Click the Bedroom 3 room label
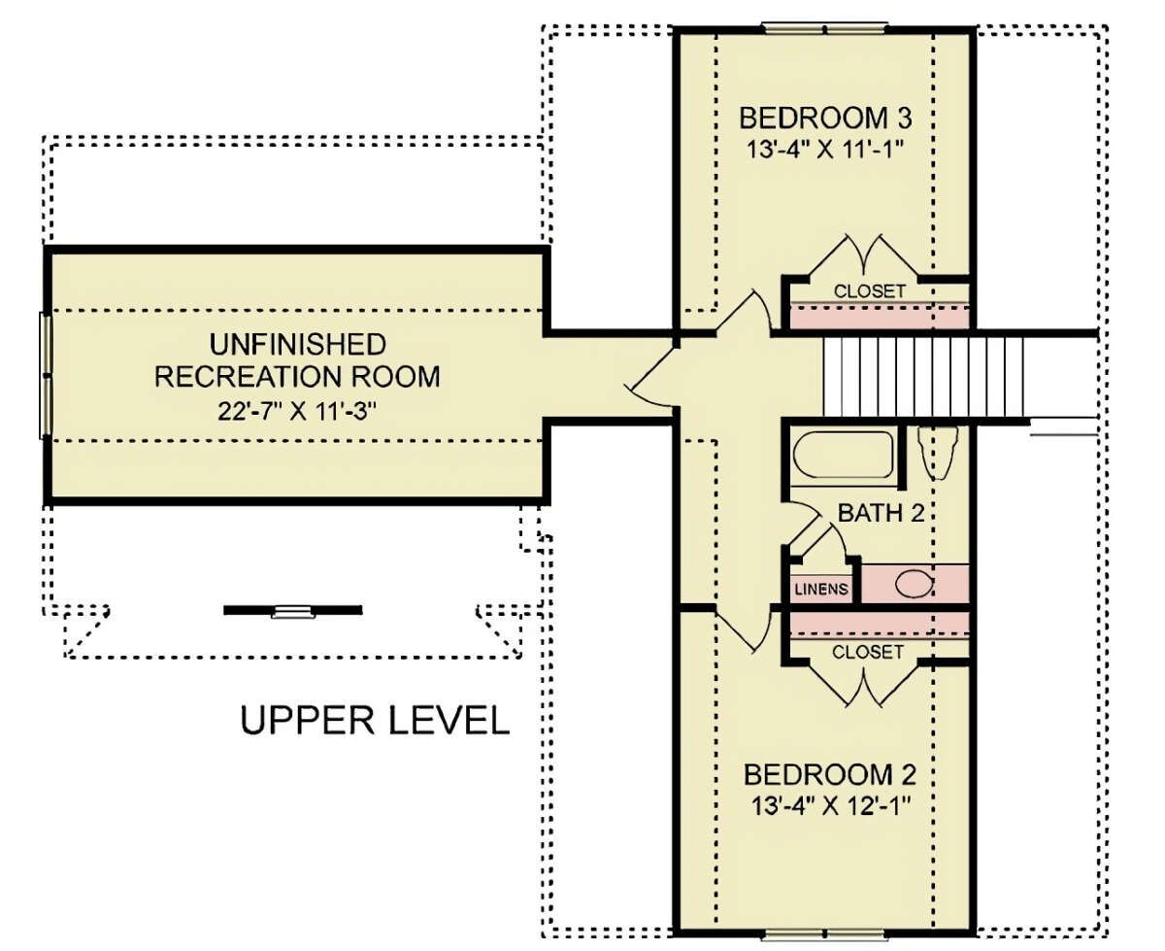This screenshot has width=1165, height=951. coord(825,118)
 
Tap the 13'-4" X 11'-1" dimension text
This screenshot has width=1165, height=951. coord(825,150)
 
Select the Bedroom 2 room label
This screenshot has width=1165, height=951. coord(830,775)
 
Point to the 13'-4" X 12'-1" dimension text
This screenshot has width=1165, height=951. coord(830,806)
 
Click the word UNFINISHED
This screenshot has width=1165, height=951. coord(298,344)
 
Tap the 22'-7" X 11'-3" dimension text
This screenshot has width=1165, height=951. coord(297,411)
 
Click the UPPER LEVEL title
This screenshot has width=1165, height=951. coord(375,720)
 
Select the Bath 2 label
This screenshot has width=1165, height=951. coord(882,513)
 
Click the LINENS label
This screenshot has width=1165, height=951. coord(821,589)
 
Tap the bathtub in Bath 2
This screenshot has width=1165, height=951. coord(843,455)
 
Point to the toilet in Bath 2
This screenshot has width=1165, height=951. coord(938,452)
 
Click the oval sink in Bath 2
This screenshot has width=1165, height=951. coord(915,585)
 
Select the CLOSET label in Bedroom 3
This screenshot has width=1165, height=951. coord(870,290)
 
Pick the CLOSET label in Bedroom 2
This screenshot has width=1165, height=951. coord(868,652)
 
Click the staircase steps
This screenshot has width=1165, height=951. coord(923,378)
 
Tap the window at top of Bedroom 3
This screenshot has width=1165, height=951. coord(825,27)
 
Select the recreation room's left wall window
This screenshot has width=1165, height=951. coord(46,376)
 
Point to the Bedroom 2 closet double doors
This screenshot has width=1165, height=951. coord(863,683)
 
